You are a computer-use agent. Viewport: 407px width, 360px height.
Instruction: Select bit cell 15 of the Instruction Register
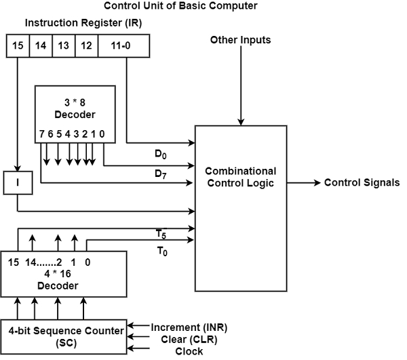click(18, 47)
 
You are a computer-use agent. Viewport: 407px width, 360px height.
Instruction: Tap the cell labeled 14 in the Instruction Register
click(41, 47)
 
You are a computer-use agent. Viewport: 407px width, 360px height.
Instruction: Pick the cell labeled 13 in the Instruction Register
click(63, 47)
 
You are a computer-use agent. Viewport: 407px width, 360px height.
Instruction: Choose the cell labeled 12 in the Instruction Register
click(86, 47)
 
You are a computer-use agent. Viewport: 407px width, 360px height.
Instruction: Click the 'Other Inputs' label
click(240, 40)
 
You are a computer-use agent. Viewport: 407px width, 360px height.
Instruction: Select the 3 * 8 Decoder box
click(75, 115)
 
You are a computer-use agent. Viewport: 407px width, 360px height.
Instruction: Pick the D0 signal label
click(161, 154)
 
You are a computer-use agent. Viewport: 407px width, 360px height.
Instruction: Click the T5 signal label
click(161, 235)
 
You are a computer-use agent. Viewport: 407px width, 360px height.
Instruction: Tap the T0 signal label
click(161, 250)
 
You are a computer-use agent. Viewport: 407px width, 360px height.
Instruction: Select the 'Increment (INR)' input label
click(189, 327)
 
